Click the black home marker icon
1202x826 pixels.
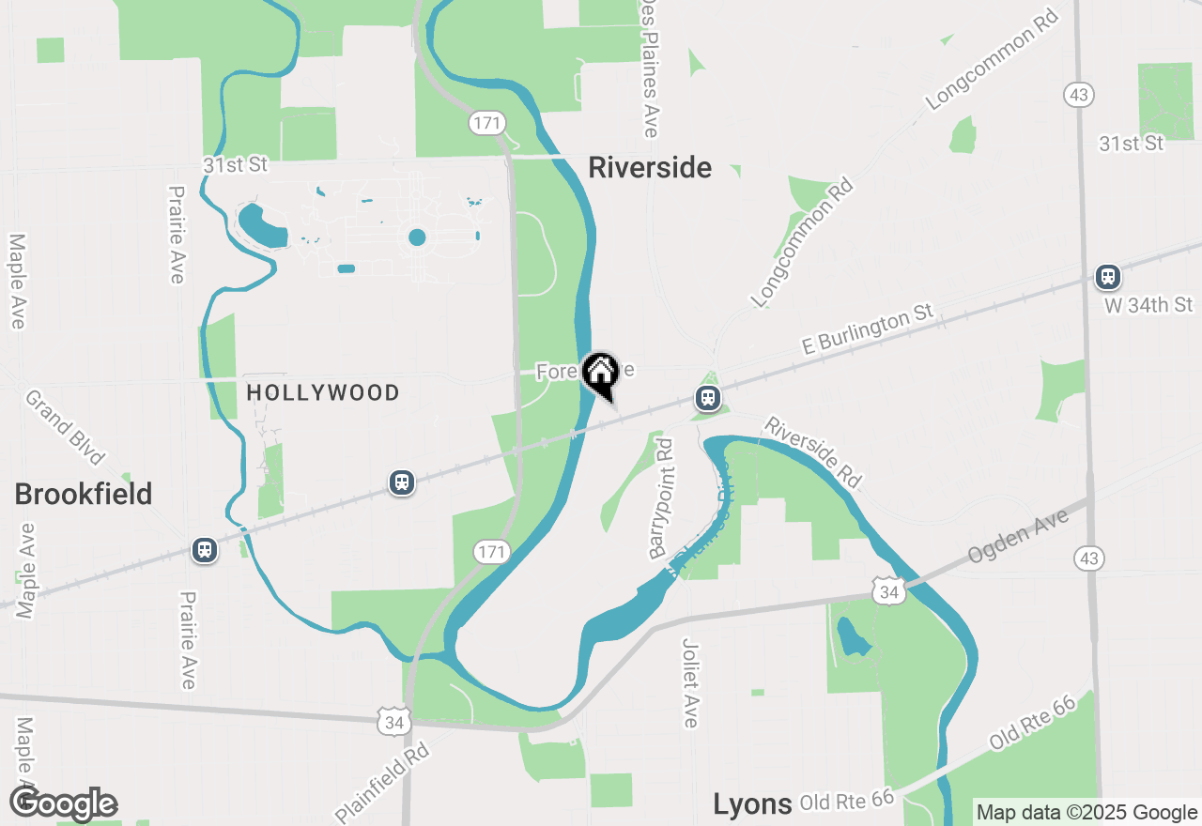coord(599,374)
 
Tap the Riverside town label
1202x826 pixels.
coord(650,168)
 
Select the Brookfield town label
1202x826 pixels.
coord(84,494)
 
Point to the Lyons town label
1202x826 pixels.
coord(752,803)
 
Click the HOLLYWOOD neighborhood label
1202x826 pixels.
coord(323,392)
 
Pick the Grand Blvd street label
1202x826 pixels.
coord(64,427)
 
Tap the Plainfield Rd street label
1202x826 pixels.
coord(382,783)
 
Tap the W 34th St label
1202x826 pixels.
coord(1148,305)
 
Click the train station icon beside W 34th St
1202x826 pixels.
coord(1108,277)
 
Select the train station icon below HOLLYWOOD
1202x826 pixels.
coord(402,482)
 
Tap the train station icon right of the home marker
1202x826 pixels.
coord(708,398)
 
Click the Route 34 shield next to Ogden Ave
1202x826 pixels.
coord(888,591)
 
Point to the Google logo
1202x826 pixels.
coord(63,804)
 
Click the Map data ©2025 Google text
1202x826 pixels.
coord(1086,813)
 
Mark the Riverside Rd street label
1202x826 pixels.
coord(812,451)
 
